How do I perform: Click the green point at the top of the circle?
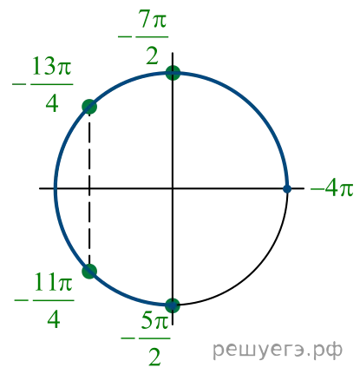pos(173,73)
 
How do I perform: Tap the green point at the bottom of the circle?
pos(173,305)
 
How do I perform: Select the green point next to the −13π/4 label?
pos(89,107)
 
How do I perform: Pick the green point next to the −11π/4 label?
pos(89,272)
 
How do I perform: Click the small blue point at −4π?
pos(287,189)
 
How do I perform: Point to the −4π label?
pos(332,189)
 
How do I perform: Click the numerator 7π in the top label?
pos(154,21)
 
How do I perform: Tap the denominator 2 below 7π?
pos(153,56)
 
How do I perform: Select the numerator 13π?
pos(51,66)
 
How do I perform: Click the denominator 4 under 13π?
pos(52,104)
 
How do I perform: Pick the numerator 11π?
pos(53,282)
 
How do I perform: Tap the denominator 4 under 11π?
pos(54,319)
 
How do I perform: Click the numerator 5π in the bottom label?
pos(155,320)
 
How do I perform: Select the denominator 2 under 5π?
pos(154,358)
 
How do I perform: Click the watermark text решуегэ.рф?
pos(278,350)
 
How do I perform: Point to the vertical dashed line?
pos(89,189)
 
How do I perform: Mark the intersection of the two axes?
pos(173,188)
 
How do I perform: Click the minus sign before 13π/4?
pos(19,85)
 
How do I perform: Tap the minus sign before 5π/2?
pos(128,338)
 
